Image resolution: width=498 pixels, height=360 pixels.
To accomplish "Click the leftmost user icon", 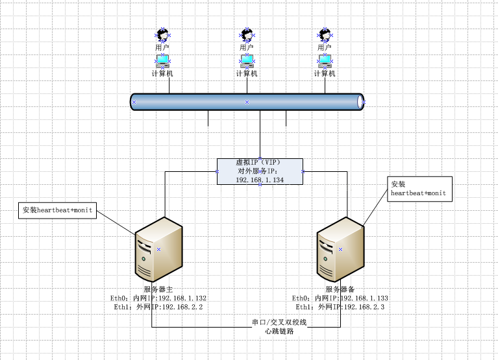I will [162, 34].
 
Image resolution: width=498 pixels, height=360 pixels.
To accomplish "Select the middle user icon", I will [246, 34].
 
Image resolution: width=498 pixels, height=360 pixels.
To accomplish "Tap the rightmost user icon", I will [325, 34].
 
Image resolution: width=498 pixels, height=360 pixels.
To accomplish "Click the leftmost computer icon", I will [162, 61].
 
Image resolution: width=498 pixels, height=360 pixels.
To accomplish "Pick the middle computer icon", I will [247, 61].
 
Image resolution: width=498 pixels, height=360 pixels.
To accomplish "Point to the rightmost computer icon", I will [325, 61].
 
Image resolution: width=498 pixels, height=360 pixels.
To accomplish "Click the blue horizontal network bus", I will [247, 102].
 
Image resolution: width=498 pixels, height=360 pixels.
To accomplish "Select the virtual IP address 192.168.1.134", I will [260, 180].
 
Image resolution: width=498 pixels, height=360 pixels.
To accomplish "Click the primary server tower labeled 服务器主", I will [158, 248].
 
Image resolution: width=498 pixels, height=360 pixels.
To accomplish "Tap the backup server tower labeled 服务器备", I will [340, 248].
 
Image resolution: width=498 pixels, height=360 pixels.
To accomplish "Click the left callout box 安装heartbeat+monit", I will [58, 210].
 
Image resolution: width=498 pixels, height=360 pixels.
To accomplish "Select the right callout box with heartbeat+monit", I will [419, 189].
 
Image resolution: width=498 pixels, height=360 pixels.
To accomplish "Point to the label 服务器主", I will [158, 289].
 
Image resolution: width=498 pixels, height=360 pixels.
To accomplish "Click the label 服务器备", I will [340, 289].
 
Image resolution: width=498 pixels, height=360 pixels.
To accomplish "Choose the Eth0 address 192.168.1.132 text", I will [157, 298].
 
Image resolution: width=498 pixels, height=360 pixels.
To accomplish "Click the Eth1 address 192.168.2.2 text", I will [157, 307].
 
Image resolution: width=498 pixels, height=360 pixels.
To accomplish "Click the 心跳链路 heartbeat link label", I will [279, 331].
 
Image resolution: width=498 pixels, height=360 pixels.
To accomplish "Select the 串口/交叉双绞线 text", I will [279, 322].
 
